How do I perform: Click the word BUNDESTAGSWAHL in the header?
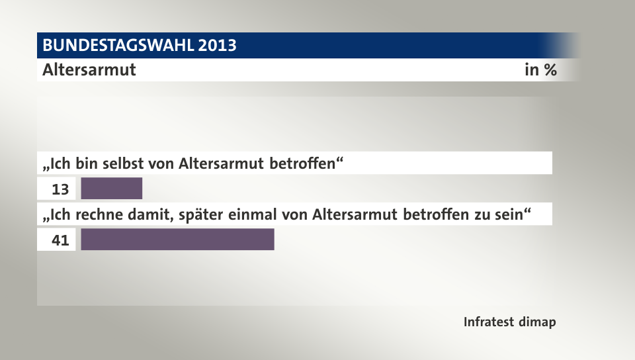pos(118,46)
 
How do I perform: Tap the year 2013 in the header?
pos(216,46)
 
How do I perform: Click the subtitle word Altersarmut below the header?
pos(89,69)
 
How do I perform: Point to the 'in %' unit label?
pos(540,69)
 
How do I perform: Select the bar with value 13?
pos(112,189)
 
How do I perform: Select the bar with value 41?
pos(177,240)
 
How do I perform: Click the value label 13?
pos(60,189)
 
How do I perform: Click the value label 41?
pos(60,240)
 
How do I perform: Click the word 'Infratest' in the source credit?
pos(489,323)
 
